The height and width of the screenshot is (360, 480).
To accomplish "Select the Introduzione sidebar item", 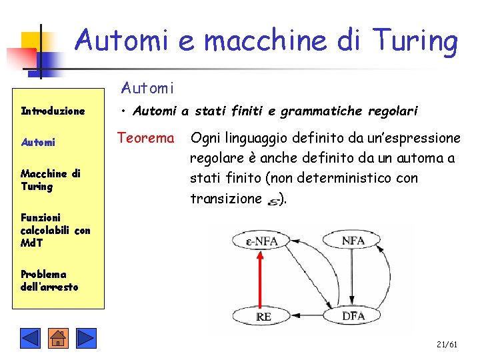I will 53,111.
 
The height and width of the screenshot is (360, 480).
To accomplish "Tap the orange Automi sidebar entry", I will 38,143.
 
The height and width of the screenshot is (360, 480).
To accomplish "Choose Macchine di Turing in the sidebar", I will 50,180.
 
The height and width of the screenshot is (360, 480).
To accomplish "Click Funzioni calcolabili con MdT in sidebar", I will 55,230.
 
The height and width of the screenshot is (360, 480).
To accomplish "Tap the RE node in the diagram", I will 263,316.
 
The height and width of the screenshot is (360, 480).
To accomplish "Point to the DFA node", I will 353,316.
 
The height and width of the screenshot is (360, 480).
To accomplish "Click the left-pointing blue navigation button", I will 30,339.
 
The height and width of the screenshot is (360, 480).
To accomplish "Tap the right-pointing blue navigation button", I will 86,339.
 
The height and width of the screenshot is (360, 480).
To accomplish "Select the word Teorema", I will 145,139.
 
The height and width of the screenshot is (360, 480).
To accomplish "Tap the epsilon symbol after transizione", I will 273,200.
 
